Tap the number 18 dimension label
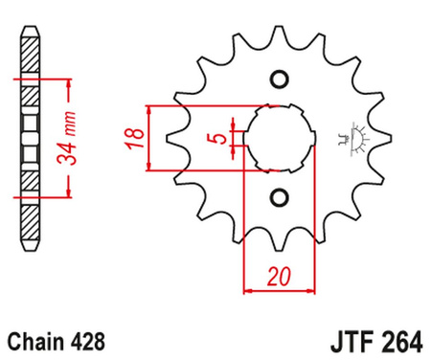pyautogui.click(x=136, y=138)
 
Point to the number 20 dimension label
pyautogui.click(x=279, y=277)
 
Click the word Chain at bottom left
pyautogui.click(x=36, y=339)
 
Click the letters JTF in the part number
pyautogui.click(x=338, y=339)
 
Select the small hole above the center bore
pyautogui.click(x=279, y=79)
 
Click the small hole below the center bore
pyautogui.click(x=279, y=198)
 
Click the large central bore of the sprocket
pyautogui.click(x=279, y=138)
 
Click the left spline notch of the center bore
pyautogui.click(x=247, y=139)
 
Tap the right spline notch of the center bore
pyautogui.click(x=311, y=139)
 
